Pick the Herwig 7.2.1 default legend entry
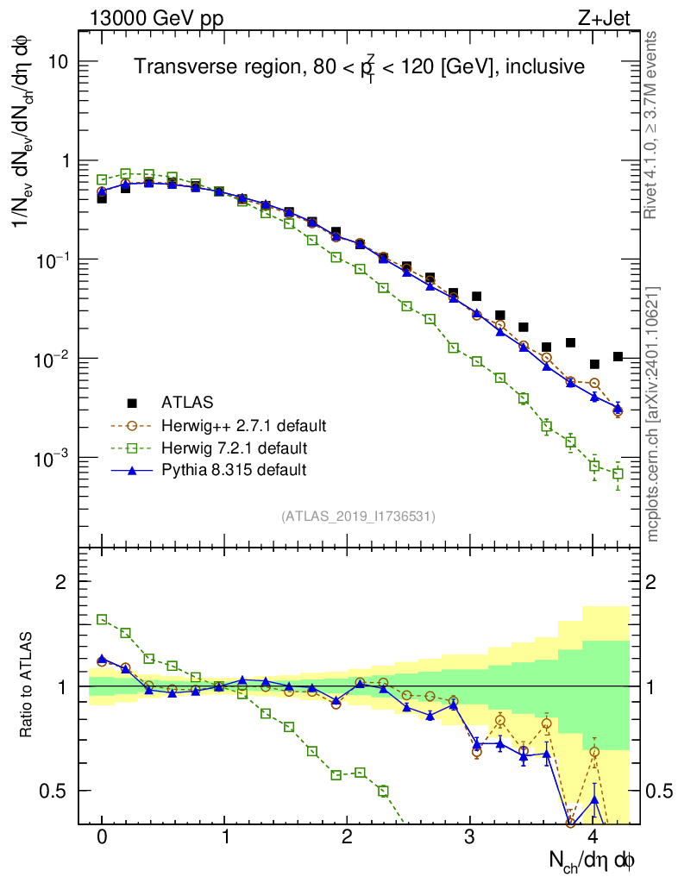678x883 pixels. (x=234, y=448)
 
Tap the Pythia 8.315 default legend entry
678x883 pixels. (x=233, y=470)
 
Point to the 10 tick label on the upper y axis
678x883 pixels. (x=58, y=63)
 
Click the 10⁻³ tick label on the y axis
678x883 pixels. (x=52, y=458)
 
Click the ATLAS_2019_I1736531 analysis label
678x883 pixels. (x=358, y=516)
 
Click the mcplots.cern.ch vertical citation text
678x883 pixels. (x=653, y=414)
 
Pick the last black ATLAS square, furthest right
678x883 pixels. (x=618, y=356)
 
